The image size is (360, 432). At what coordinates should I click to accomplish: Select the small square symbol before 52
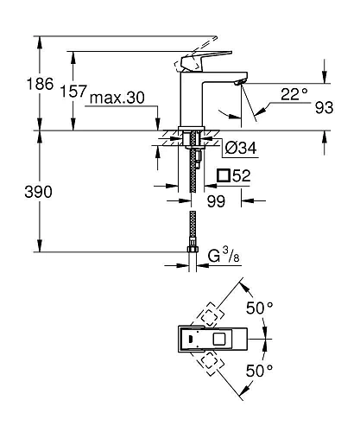[x=224, y=177]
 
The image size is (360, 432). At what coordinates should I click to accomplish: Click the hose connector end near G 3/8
[x=190, y=255]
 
